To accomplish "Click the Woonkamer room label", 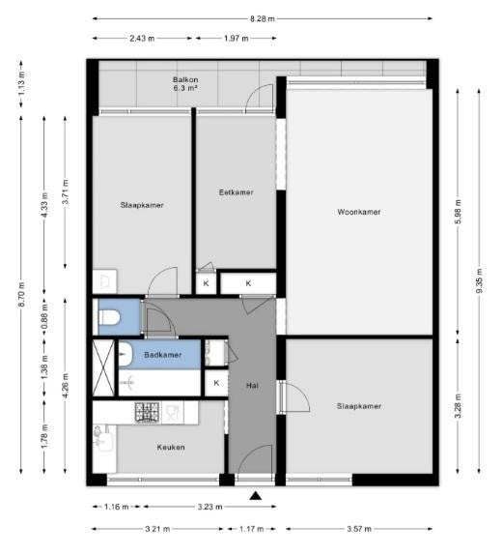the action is [x=358, y=212].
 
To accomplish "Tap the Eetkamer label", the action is [x=237, y=192].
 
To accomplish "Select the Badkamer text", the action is [x=162, y=355].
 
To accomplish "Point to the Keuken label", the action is [x=171, y=447].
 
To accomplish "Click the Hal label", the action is [x=252, y=386].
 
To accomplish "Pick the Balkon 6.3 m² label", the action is [x=185, y=84].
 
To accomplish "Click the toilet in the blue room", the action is [x=107, y=316].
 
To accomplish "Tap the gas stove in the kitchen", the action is [x=147, y=412].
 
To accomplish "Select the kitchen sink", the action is [x=103, y=439].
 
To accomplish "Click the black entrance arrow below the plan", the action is [x=255, y=496].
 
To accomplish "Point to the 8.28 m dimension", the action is [x=263, y=18].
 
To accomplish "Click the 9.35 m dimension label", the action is [x=480, y=280].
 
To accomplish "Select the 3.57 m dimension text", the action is [x=359, y=529].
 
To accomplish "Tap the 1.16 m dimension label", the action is [x=117, y=507].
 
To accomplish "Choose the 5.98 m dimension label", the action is [x=459, y=212].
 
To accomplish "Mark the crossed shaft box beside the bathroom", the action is [x=103, y=367].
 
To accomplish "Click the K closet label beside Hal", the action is [x=216, y=383].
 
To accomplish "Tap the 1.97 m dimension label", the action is [x=237, y=39].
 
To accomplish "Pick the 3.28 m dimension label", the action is [x=459, y=406].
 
